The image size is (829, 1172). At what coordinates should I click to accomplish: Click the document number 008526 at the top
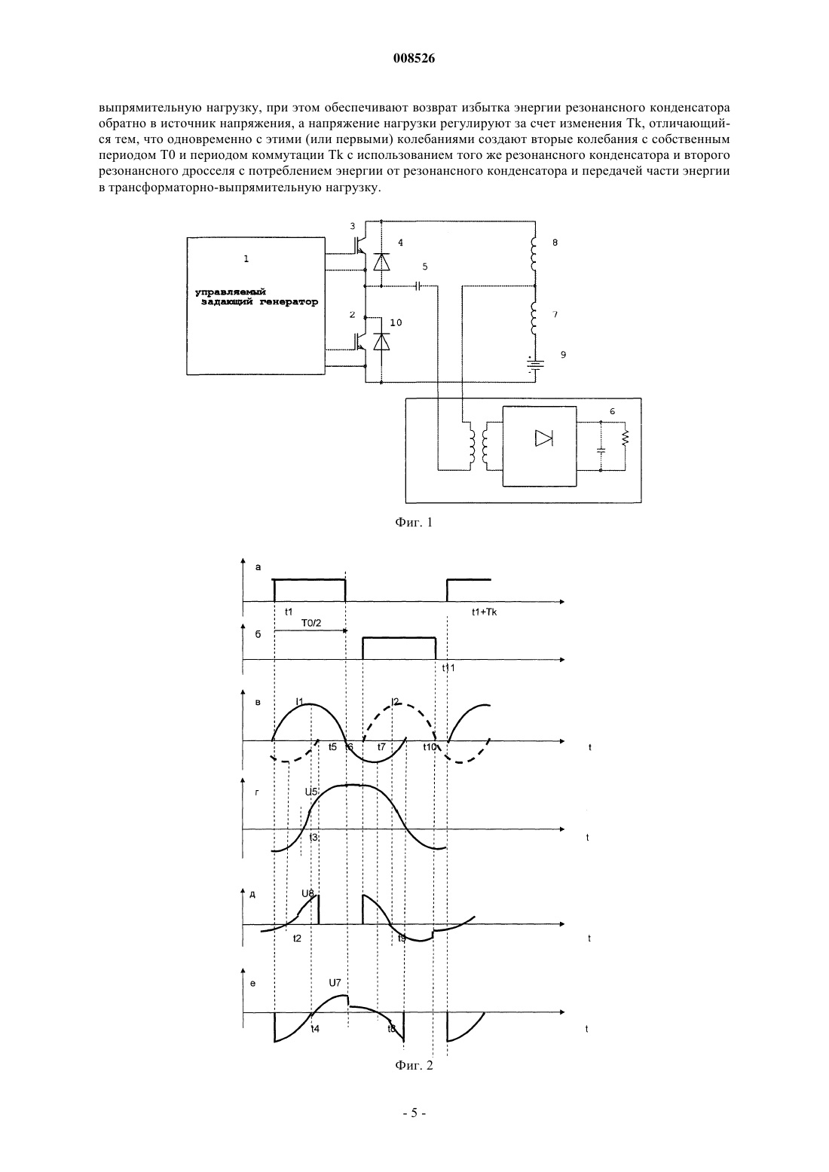414,59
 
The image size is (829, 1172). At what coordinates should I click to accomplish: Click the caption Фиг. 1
414,522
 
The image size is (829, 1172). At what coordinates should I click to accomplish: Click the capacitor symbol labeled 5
418,286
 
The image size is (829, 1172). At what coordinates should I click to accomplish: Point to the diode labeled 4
381,261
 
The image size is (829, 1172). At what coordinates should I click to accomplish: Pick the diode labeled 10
381,341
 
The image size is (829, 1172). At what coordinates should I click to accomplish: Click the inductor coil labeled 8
534,255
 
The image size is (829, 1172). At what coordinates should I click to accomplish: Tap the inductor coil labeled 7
534,319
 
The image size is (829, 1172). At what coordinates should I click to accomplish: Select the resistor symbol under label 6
625,438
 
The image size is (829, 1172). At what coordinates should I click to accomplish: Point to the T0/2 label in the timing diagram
310,623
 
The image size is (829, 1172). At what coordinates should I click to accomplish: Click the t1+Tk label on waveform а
484,612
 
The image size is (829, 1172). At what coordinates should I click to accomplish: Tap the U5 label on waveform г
311,792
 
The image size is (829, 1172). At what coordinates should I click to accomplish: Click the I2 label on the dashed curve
396,702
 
